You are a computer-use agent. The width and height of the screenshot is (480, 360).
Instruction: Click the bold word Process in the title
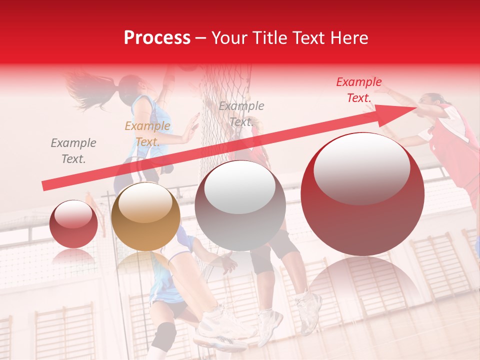tap(157, 38)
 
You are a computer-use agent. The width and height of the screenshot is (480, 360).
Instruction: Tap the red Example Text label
tap(358, 90)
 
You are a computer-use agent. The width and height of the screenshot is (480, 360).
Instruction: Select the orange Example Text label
tap(147, 134)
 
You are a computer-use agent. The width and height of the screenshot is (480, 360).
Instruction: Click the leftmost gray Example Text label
tap(73, 151)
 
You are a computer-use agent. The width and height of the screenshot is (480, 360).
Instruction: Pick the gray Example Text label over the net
tap(241, 114)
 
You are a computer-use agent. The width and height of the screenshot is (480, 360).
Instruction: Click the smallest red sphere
tap(73, 224)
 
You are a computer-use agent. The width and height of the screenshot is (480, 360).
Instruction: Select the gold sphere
tap(145, 217)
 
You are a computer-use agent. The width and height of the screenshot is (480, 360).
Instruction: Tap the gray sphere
tap(240, 206)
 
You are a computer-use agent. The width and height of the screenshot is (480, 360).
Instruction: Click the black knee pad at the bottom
tap(163, 335)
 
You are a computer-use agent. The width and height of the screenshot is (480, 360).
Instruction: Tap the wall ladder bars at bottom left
tap(65, 332)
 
